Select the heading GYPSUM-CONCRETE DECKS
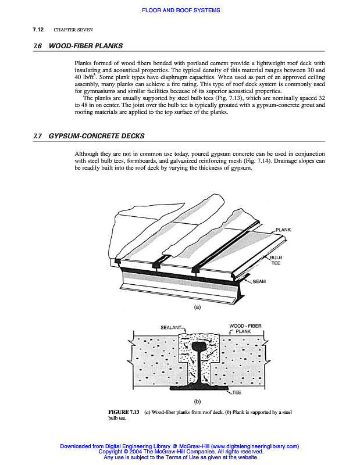96,137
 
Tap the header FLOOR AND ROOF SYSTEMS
180,11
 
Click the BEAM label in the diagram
259,281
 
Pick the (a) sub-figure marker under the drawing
197,307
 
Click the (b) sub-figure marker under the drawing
198,402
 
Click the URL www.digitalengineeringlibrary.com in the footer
251,446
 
